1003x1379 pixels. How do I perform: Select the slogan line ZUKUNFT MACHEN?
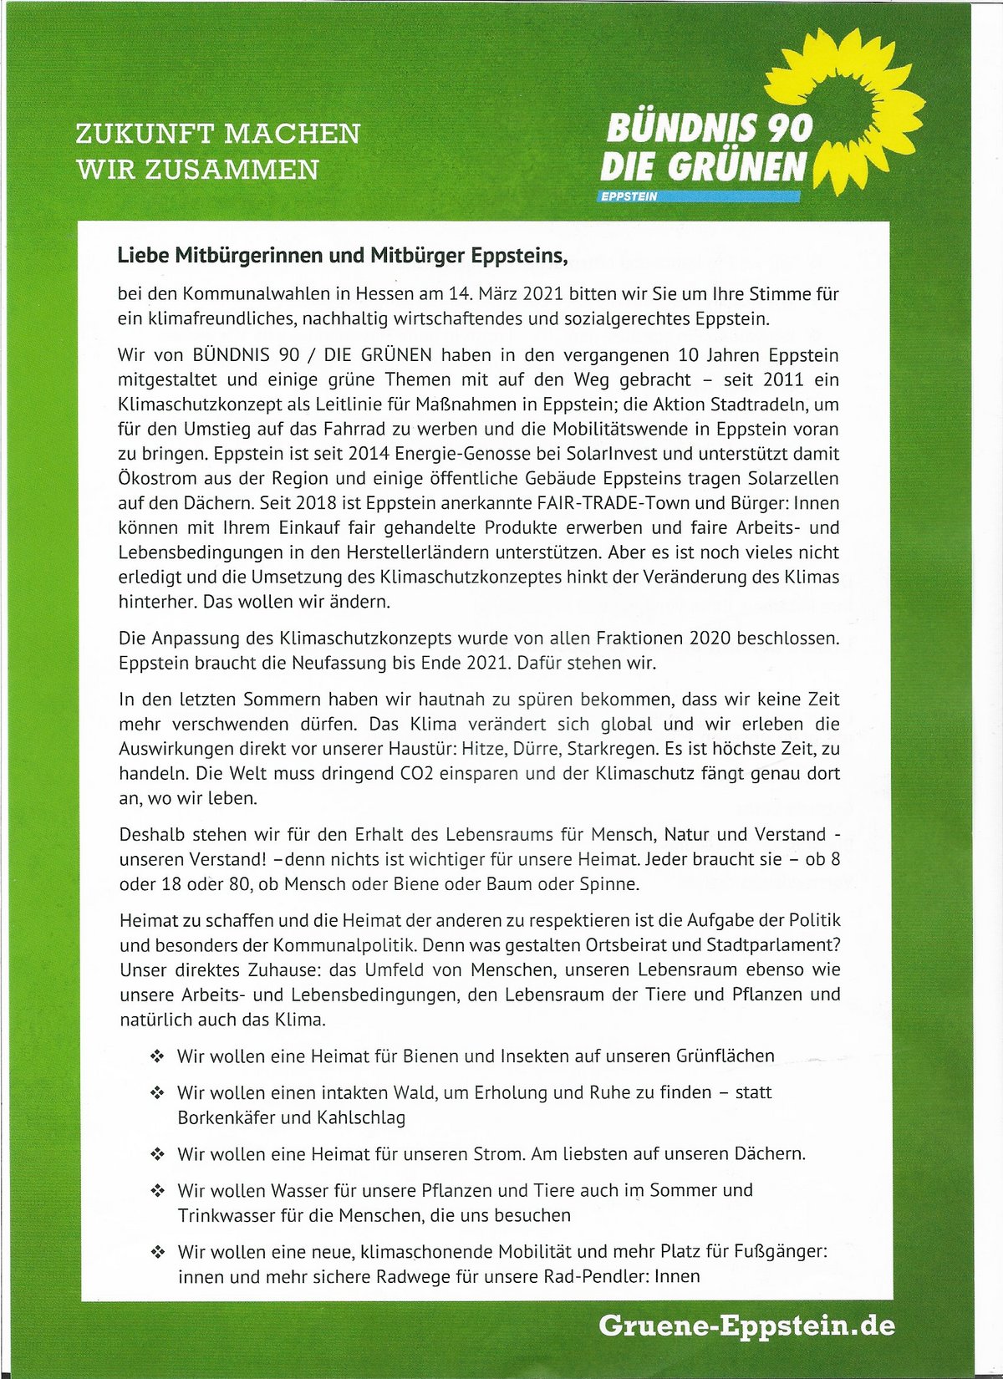[218, 134]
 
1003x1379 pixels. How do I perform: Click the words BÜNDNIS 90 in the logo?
[709, 129]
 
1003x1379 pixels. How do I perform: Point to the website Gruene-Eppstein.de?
[746, 1326]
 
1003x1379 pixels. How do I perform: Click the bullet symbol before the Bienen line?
[157, 1057]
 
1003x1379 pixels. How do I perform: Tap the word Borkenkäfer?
[227, 1118]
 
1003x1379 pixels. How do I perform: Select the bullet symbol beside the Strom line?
[157, 1155]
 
